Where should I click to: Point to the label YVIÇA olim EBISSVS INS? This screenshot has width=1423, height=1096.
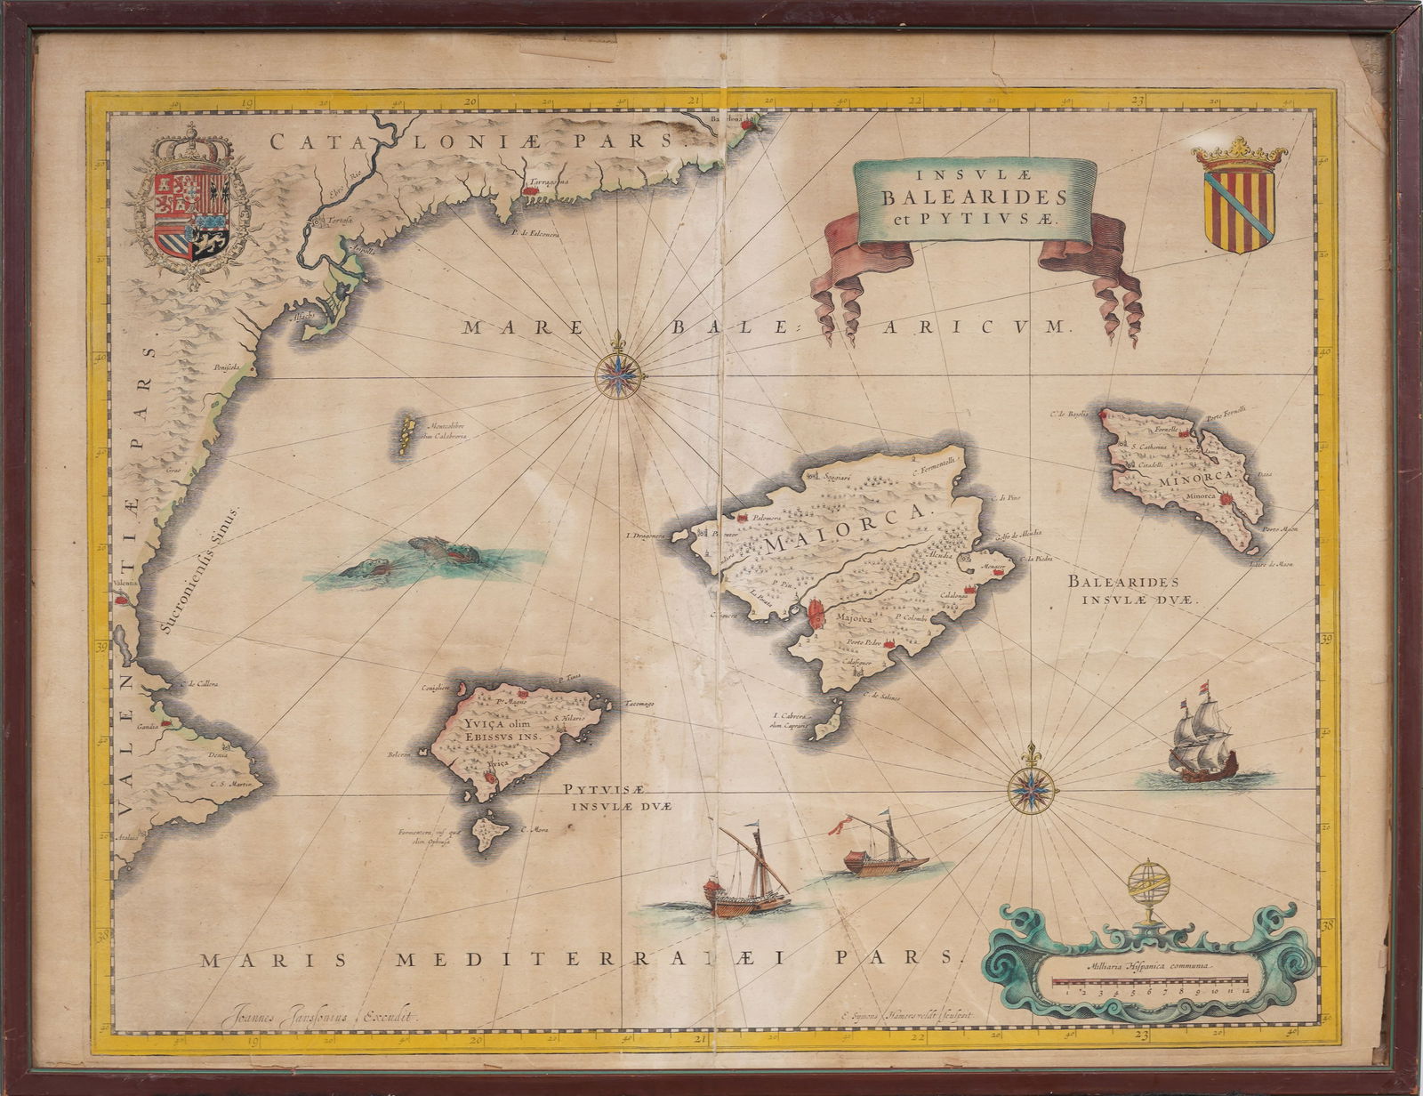point(502,730)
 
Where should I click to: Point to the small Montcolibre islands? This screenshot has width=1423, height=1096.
point(407,435)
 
